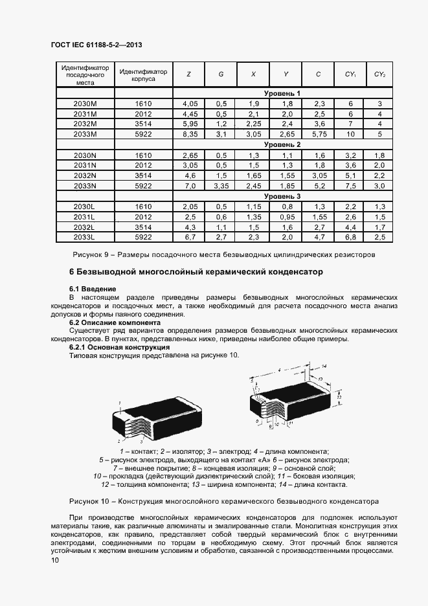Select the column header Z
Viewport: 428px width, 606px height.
[x=188, y=74]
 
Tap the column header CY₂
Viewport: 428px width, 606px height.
[x=379, y=74]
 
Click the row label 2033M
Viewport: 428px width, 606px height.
[x=85, y=134]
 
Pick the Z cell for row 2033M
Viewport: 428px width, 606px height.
[x=190, y=134]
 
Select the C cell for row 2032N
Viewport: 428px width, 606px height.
[x=319, y=175]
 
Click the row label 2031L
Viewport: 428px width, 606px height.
[x=85, y=217]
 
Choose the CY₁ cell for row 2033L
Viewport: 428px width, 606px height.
[x=351, y=238]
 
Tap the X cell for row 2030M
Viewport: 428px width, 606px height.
[x=253, y=104]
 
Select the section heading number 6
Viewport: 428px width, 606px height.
[x=72, y=272]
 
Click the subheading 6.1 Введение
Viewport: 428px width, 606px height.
[x=93, y=288]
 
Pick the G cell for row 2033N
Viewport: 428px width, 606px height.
[x=221, y=186]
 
